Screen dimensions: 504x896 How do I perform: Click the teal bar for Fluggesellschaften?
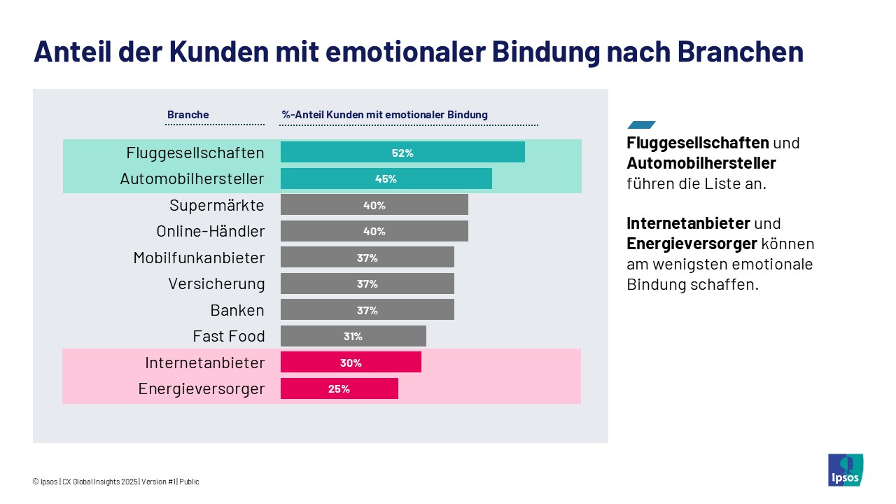402,152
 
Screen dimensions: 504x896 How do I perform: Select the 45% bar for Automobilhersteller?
386,178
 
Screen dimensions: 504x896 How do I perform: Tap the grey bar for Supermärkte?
374,204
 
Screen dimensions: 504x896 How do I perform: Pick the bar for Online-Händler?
374,231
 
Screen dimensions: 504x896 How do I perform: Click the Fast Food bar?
353,336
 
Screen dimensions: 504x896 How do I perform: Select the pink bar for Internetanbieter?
351,362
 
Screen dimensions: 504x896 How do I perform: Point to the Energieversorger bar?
339,388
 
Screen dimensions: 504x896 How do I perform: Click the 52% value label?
402,153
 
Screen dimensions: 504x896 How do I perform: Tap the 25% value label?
339,389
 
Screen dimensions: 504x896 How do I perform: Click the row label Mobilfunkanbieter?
199,258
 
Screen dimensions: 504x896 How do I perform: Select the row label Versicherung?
216,283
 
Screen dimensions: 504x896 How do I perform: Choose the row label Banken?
237,310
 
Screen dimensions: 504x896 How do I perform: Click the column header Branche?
188,115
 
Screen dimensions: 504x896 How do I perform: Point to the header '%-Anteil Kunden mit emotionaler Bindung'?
384,115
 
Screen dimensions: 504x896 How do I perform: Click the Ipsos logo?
845,470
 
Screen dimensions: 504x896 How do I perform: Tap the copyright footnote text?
115,482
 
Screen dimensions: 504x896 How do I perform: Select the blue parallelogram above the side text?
641,125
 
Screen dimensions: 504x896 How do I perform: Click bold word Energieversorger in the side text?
692,244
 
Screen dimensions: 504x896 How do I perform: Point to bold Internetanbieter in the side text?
688,223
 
